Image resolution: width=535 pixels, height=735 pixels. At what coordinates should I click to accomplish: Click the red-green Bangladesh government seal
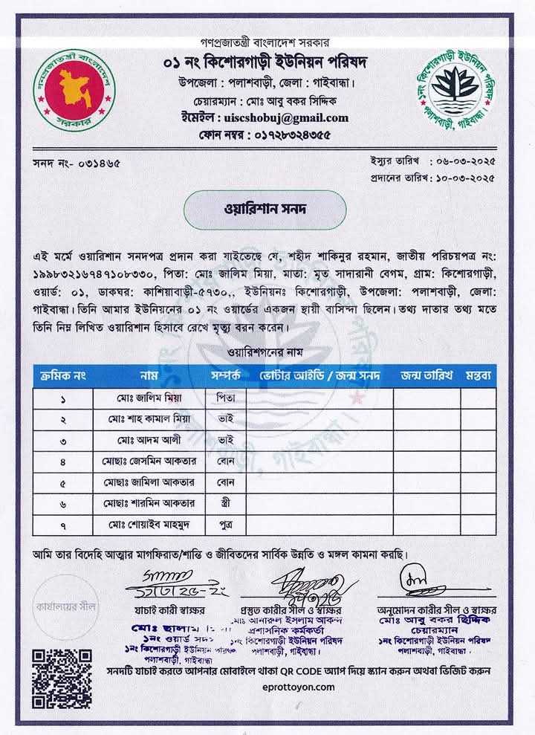click(74, 90)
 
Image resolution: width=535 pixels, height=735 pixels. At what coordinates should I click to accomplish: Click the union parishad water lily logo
click(456, 87)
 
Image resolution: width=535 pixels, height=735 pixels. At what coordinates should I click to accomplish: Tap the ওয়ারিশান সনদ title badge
click(265, 209)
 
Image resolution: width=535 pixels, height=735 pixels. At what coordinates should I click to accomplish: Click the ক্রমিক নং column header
click(62, 376)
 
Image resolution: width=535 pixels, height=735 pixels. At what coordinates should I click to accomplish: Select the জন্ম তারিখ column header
click(427, 376)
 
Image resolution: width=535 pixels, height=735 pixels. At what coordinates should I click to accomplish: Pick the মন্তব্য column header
click(479, 376)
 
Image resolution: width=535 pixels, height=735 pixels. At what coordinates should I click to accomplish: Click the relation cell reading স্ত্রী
click(225, 504)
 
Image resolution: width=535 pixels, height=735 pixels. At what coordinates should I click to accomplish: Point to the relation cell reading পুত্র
click(225, 525)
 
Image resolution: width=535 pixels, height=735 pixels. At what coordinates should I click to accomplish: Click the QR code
click(62, 678)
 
